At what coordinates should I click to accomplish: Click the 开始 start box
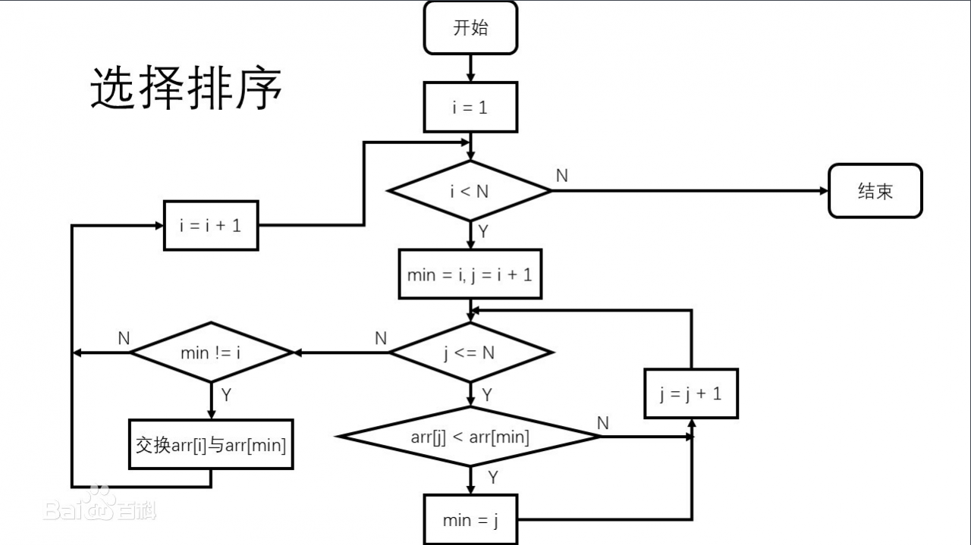(470, 28)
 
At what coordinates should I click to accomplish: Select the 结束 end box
(875, 191)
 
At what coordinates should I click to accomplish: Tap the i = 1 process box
(470, 108)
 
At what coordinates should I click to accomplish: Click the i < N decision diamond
(470, 191)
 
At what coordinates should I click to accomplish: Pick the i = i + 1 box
(211, 225)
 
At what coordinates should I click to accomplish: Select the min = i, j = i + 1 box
(470, 274)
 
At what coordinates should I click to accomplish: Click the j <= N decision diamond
(470, 352)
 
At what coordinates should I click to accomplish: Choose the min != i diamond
(212, 352)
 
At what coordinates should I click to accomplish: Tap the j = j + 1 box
(691, 393)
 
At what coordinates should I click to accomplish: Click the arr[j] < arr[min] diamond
(470, 437)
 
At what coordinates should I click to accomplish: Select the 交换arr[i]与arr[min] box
(211, 445)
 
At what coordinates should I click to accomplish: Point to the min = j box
(470, 520)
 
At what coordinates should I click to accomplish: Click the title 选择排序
(187, 88)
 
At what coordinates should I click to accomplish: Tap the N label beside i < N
(561, 176)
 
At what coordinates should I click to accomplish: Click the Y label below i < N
(483, 232)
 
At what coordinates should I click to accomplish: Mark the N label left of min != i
(124, 339)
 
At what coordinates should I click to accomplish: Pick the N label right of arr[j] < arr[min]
(603, 423)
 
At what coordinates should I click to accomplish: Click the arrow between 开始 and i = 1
(470, 68)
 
